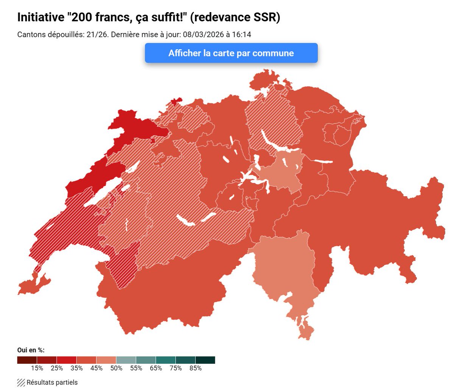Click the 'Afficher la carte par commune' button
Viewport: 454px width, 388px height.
[231, 53]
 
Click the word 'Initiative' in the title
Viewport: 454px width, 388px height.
[41, 17]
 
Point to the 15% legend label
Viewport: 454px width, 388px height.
[37, 368]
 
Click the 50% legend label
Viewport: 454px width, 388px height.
[116, 368]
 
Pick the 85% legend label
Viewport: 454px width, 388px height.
[195, 368]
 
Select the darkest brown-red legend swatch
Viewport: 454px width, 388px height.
[27, 360]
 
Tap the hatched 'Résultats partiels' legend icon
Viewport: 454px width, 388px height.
[21, 382]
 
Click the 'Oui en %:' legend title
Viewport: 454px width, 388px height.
[31, 350]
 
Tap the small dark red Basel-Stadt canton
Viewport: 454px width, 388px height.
[175, 102]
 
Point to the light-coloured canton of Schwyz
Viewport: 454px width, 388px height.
[282, 171]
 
